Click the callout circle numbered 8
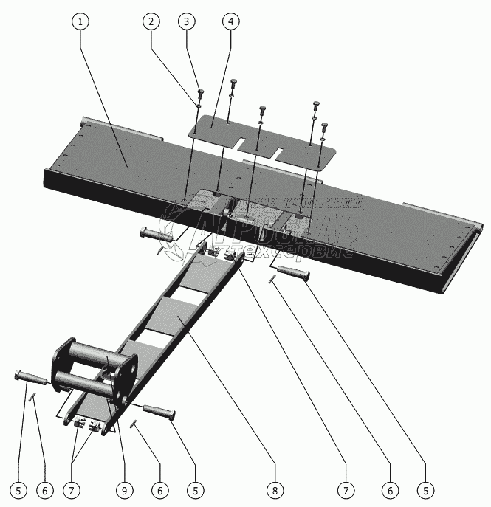pyautogui.click(x=274, y=489)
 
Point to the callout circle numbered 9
pyautogui.click(x=124, y=489)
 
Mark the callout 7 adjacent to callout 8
pyautogui.click(x=345, y=489)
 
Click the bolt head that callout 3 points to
pyautogui.click(x=200, y=92)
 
